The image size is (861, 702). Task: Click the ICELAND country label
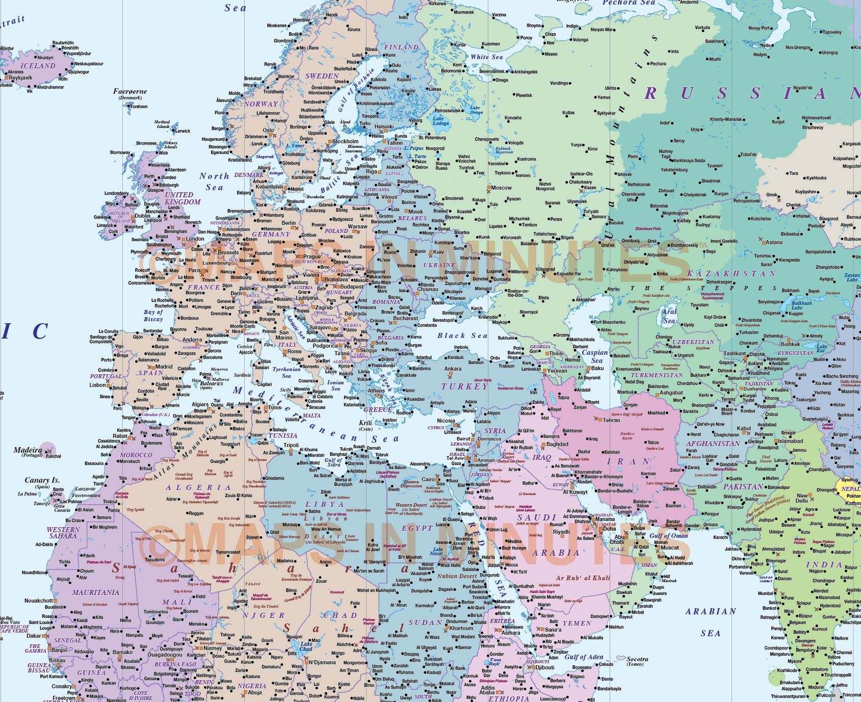pos(38,66)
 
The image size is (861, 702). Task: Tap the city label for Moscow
pos(501,188)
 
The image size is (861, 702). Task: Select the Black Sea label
pos(462,335)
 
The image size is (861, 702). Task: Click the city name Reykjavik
pos(20,78)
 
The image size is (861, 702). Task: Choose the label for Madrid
pos(164,367)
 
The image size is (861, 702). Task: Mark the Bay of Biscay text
pos(153,316)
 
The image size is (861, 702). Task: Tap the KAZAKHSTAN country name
pos(739,274)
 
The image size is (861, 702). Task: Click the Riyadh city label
pos(561,532)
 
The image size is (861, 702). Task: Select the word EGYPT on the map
pos(417,528)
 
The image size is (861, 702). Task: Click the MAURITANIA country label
pos(95,592)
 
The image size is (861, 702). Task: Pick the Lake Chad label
pos(306,646)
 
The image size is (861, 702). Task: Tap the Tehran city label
pos(611,420)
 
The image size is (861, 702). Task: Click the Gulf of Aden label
pos(584,657)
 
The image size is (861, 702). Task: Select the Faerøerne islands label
pos(130,92)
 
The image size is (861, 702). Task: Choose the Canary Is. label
pos(42,480)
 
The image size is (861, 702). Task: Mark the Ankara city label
pos(453,369)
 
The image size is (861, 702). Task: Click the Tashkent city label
pos(735,353)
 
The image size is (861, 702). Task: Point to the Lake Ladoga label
pos(440,121)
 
